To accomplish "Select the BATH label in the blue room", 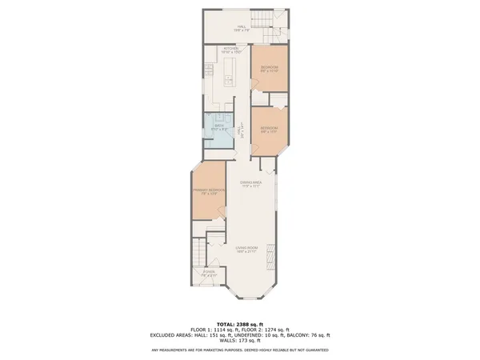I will (x=218, y=127).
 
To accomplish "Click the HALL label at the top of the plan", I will (x=241, y=27).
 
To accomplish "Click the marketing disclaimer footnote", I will (x=240, y=350).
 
